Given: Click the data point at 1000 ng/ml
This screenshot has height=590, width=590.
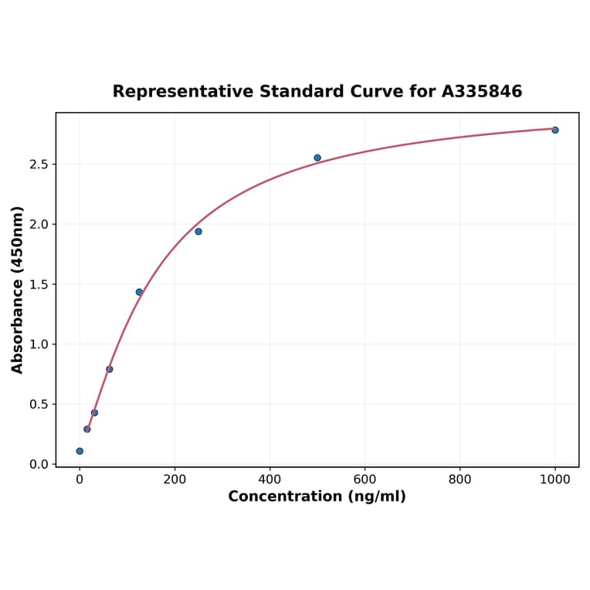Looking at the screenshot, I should tap(554, 130).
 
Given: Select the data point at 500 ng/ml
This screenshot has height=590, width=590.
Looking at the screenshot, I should tap(317, 158).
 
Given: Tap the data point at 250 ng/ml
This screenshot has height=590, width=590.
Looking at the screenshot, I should tap(198, 232).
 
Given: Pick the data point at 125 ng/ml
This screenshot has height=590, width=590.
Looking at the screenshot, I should tap(139, 292).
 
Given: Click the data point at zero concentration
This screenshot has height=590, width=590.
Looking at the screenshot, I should tap(80, 451).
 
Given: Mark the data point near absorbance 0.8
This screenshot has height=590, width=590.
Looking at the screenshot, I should tap(110, 369).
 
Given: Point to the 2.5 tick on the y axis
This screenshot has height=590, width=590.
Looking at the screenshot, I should tap(39, 164).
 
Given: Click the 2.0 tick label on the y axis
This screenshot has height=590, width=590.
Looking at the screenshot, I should tap(39, 225).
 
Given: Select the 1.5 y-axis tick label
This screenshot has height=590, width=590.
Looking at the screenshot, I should tap(39, 284).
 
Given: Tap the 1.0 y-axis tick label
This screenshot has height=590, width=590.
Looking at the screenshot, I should tap(39, 344).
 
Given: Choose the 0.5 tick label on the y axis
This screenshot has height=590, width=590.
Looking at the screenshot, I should tap(39, 404).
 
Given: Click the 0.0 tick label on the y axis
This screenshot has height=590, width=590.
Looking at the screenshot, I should tap(39, 464).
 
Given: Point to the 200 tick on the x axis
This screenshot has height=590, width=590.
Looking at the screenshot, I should tap(175, 480).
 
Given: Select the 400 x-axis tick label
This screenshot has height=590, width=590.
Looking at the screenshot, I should tap(270, 480).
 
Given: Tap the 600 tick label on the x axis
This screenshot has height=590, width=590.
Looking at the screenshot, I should tap(365, 480).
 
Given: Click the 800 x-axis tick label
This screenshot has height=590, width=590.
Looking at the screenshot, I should tap(459, 480).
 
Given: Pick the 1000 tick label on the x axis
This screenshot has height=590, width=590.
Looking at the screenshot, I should tap(554, 480).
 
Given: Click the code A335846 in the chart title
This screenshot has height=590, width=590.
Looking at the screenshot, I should tap(481, 92).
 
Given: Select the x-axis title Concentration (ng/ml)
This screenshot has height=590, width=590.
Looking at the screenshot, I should tap(317, 497).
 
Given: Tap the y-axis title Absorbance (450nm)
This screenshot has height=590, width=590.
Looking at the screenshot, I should tap(18, 290).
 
